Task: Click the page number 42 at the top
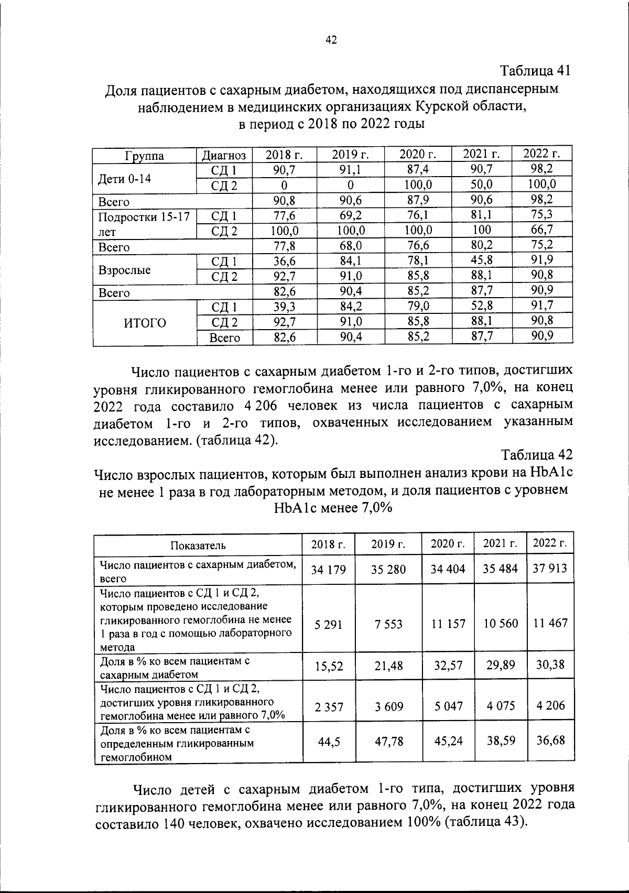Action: tap(331, 40)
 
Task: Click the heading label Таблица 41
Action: tap(535, 70)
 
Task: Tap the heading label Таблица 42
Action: tap(536, 454)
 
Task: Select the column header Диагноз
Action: tap(224, 156)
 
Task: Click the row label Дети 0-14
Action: tap(125, 179)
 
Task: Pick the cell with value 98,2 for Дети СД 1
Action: tap(542, 169)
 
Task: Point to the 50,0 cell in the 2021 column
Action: tap(482, 184)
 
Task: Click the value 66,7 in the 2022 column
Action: tap(542, 230)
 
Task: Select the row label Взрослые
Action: tap(124, 270)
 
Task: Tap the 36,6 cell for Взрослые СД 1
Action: tap(285, 260)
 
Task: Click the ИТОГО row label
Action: tap(145, 323)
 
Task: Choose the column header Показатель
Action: tap(198, 545)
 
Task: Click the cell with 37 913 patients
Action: tap(550, 569)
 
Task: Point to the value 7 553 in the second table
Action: tap(388, 624)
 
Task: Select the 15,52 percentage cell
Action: tap(329, 666)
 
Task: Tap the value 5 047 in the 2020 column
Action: tap(448, 706)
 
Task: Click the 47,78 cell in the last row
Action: tap(388, 742)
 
